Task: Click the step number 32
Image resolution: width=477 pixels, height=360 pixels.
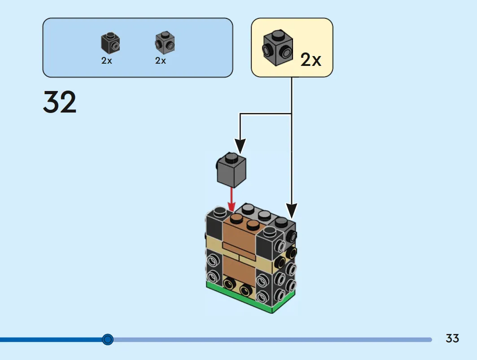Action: click(x=60, y=102)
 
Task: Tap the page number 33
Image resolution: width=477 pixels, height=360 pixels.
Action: click(x=452, y=338)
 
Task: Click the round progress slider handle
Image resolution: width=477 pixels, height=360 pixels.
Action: click(x=108, y=339)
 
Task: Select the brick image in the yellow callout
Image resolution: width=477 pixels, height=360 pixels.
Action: click(x=277, y=48)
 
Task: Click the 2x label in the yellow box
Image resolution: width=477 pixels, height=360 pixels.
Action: click(x=311, y=60)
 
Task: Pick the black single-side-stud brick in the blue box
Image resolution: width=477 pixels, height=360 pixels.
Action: click(x=110, y=43)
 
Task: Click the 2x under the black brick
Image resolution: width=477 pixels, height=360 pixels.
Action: click(x=107, y=61)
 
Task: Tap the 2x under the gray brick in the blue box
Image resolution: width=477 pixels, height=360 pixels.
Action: click(x=161, y=61)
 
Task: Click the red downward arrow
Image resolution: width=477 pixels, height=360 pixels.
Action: click(x=232, y=199)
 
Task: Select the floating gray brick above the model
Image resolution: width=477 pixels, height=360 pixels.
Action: click(x=231, y=169)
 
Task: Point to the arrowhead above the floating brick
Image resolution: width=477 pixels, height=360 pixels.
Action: click(x=240, y=146)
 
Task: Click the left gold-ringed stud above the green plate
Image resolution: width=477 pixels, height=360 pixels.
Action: click(x=229, y=284)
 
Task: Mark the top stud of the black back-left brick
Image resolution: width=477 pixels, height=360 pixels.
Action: click(x=220, y=212)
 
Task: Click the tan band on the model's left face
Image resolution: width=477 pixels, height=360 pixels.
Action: click(x=214, y=243)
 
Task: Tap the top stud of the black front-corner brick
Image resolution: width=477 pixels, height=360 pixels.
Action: click(x=269, y=231)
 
